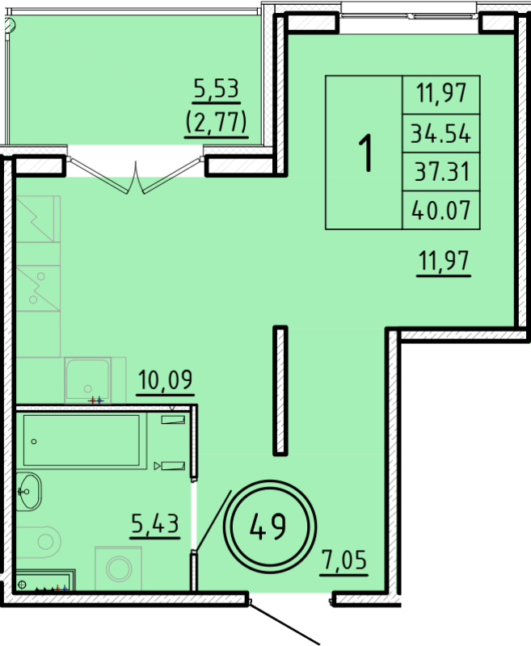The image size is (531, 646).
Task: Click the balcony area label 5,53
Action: (x=216, y=87)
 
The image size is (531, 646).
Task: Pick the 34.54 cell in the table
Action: (x=440, y=133)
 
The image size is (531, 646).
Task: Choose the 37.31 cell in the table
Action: (x=440, y=171)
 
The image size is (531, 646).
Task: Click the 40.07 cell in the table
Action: (x=440, y=210)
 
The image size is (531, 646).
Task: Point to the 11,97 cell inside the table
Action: (x=440, y=94)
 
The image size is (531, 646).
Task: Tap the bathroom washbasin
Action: (x=29, y=490)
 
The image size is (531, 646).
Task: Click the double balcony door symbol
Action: (x=131, y=184)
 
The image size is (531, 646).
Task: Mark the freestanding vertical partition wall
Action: (x=280, y=391)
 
